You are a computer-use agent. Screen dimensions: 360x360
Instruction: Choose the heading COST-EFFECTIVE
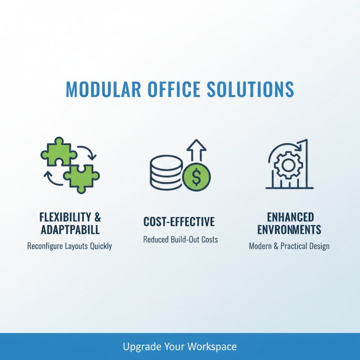(x=179, y=222)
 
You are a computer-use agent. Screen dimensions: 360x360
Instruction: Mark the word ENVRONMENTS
(x=289, y=230)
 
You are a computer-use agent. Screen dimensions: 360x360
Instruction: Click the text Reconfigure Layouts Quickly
(x=69, y=246)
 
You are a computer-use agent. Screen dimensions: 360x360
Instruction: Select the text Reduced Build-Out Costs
(x=180, y=239)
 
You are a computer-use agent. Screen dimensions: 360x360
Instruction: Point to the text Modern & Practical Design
(x=289, y=246)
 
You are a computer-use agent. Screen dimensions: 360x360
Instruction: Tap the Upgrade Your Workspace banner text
(x=180, y=346)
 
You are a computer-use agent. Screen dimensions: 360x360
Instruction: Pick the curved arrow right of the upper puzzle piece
(x=87, y=152)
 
